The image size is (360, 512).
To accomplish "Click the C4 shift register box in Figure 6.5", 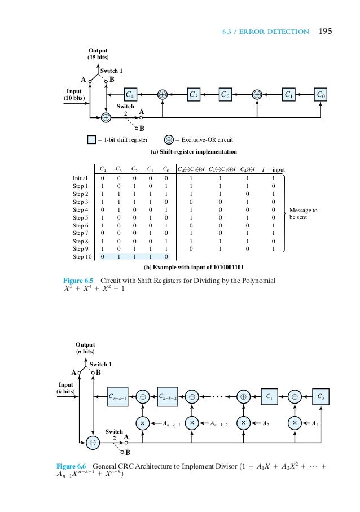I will (130, 94).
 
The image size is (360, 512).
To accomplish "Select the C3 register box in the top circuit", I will (194, 94).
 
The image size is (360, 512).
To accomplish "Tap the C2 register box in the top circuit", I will (226, 94).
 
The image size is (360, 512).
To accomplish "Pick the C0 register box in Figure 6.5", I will (322, 94).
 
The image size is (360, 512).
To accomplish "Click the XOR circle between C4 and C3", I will (163, 94).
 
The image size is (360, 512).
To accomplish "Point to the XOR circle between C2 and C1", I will (257, 94).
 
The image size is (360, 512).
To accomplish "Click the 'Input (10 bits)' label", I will (74, 94).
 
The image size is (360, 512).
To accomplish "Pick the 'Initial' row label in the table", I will (80, 178).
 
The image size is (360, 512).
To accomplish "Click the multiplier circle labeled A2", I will (243, 422).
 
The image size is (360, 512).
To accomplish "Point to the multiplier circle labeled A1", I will (294, 422).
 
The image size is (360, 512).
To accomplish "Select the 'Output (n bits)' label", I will (86, 348).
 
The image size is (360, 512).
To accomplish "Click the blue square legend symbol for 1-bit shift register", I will (92, 139).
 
